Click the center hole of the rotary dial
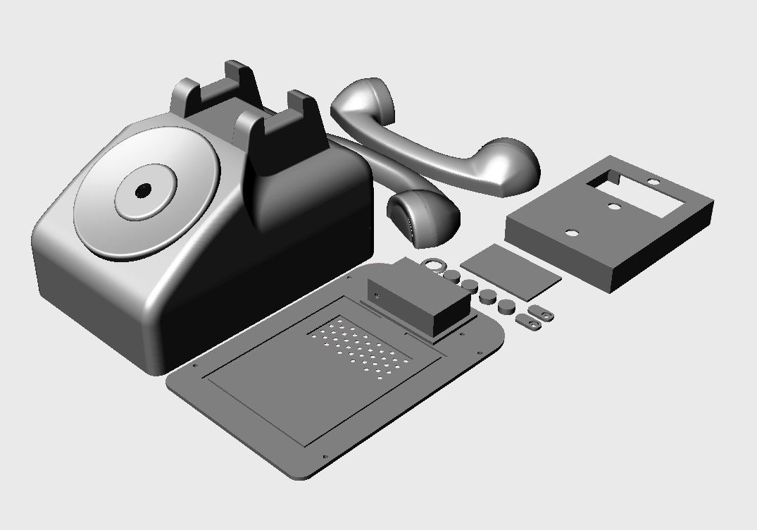[144, 190]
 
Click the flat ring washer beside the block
[434, 264]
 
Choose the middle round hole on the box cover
[614, 207]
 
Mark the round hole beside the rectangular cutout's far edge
[654, 183]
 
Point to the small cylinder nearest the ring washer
[451, 273]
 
